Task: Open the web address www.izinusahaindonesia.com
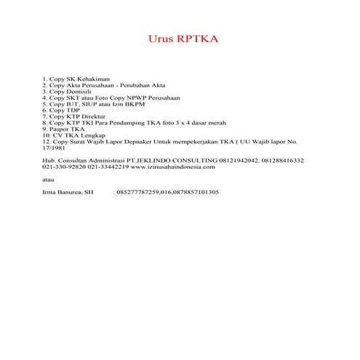[174, 167]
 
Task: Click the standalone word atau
[49, 179]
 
